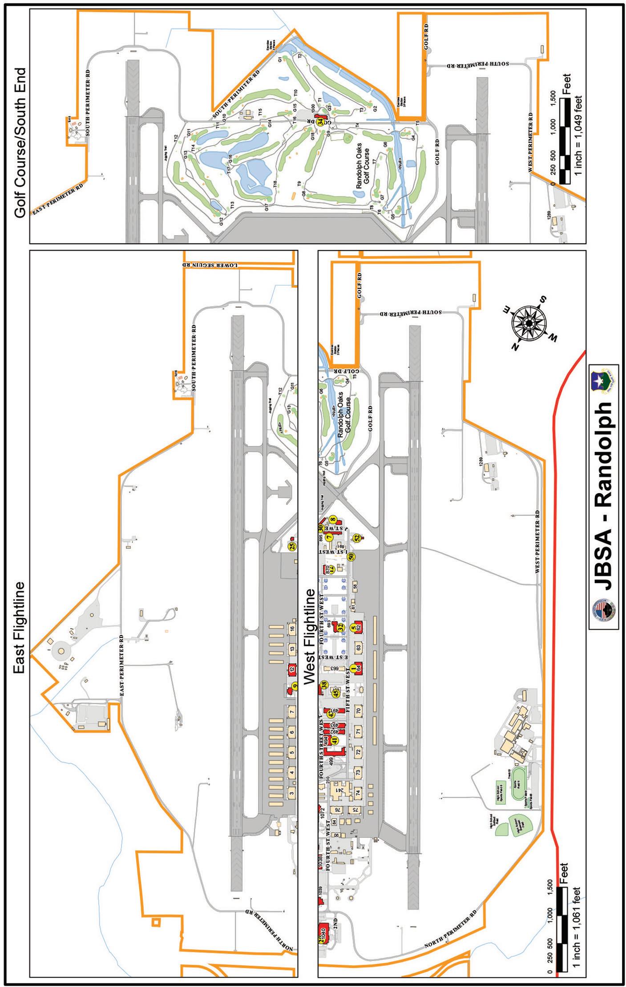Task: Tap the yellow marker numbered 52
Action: [357, 538]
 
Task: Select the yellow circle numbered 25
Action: [293, 547]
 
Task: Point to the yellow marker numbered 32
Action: [340, 627]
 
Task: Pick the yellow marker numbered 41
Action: [335, 740]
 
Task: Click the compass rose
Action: [529, 322]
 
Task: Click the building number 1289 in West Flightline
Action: [481, 462]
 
